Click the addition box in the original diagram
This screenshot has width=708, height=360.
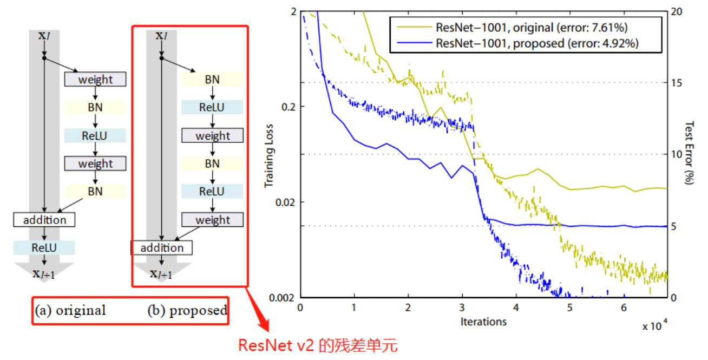click(44, 220)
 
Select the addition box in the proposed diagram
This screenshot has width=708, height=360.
click(162, 248)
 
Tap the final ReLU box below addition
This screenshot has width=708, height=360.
click(44, 248)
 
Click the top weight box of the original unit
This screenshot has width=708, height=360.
click(95, 80)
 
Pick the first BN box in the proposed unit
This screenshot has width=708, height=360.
click(212, 80)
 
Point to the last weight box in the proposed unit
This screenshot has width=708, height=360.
click(212, 220)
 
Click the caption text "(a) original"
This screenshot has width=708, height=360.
click(71, 311)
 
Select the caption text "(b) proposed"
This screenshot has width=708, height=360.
click(187, 311)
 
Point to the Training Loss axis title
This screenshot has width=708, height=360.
click(269, 157)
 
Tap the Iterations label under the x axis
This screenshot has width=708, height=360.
click(483, 321)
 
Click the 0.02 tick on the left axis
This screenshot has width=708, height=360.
click(286, 202)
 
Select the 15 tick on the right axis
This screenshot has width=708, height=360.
click(676, 82)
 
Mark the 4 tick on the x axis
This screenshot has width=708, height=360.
click(516, 307)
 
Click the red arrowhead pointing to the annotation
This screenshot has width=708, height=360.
click(264, 326)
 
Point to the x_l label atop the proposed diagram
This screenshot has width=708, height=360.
click(161, 36)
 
